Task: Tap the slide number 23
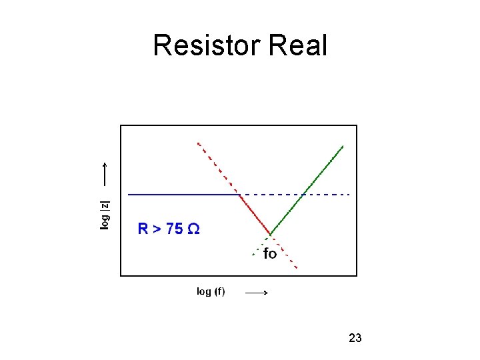(355, 338)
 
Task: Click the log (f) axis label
(211, 291)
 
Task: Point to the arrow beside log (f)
(257, 293)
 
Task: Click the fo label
(270, 254)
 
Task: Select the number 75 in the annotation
(174, 229)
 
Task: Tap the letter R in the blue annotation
(142, 229)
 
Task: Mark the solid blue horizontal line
(183, 194)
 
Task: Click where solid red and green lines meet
(270, 234)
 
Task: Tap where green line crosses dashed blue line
(303, 194)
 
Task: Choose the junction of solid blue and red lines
(239, 194)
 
